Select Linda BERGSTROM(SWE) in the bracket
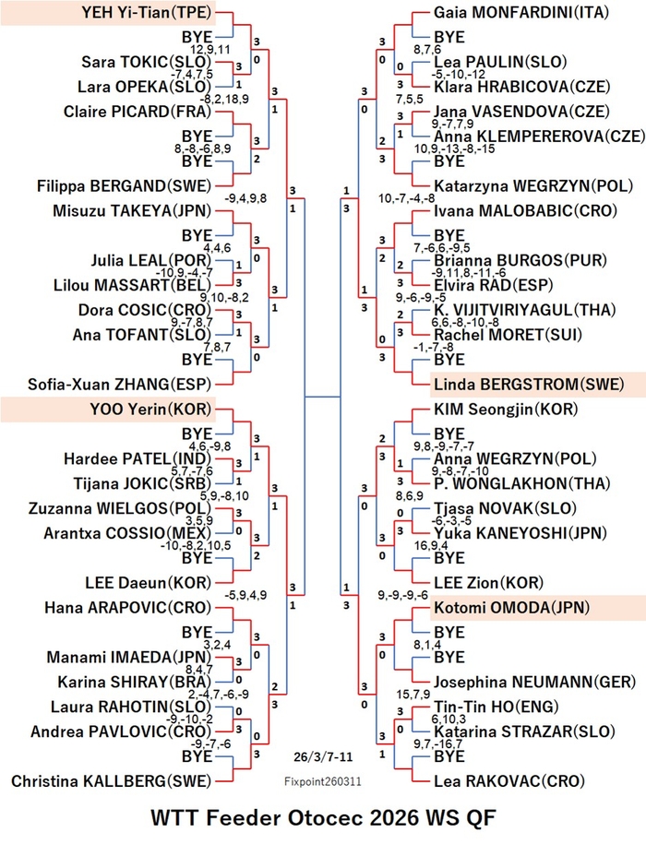pos(529,385)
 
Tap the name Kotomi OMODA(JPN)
pos(511,608)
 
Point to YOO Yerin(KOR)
pos(150,410)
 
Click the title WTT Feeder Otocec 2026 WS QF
pos(323,818)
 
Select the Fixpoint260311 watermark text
pos(322,781)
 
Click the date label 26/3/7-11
pos(323,756)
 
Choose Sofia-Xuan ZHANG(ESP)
pos(120,385)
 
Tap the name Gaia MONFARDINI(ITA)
pos(521,12)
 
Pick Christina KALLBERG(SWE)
pos(112,781)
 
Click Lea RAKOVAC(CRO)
pos(509,781)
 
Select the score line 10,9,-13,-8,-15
pos(454,149)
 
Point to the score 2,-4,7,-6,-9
pos(218,695)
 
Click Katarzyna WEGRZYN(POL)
pos(533,186)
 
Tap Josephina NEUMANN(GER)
pos(535,682)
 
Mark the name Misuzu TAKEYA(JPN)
pos(132,211)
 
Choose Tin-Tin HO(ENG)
pos(496,707)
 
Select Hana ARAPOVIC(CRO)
pos(127,608)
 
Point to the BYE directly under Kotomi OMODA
pos(449,633)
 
